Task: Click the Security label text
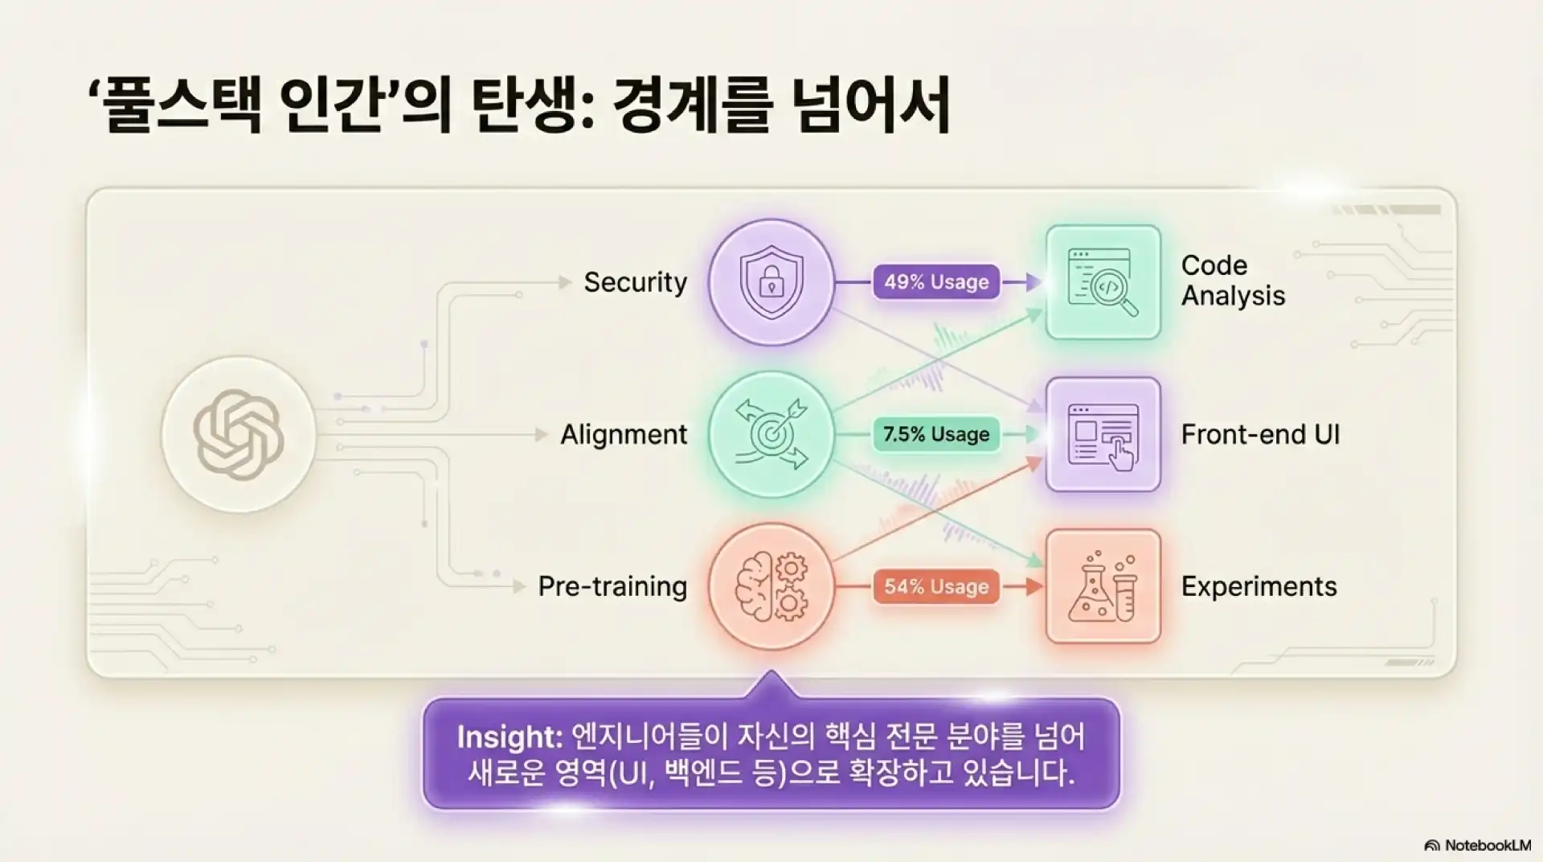click(635, 282)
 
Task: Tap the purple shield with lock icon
click(771, 282)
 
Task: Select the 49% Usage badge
click(936, 282)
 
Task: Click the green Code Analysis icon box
click(1103, 282)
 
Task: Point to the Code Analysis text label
click(1233, 281)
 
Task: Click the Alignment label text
click(624, 434)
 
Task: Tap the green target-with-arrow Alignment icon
click(771, 434)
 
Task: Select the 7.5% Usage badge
click(936, 434)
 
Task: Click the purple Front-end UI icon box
click(1103, 434)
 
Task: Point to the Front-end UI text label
click(1260, 434)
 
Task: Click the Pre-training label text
click(612, 586)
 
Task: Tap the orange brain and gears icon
click(771, 586)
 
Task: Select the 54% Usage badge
click(936, 586)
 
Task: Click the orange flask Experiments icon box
click(1103, 586)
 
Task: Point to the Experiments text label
click(1259, 586)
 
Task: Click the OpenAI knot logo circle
click(239, 434)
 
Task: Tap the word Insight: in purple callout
click(510, 737)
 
